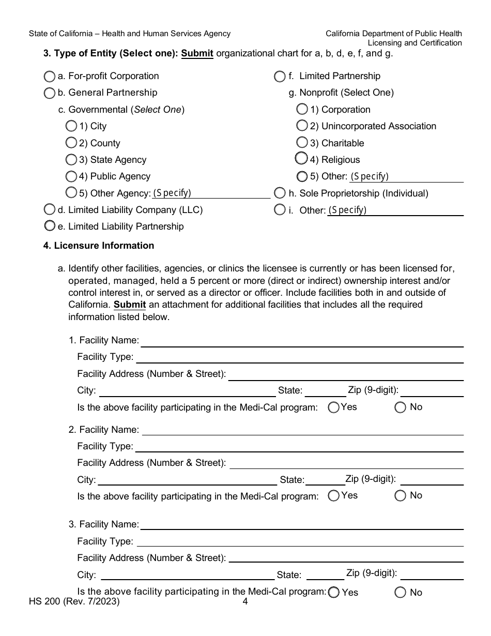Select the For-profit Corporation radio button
49,77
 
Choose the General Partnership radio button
49,93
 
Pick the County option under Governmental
71,142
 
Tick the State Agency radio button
71,159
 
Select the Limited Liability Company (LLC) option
49,209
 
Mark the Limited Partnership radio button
280,77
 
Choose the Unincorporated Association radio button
302,126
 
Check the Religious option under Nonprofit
301,158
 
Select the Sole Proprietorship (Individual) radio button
280,193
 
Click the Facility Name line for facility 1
302,341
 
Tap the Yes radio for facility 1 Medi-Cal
334,407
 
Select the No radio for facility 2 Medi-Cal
401,496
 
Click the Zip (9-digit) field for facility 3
432,574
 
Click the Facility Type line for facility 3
300,542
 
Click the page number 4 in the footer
245,602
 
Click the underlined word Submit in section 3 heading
197,53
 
